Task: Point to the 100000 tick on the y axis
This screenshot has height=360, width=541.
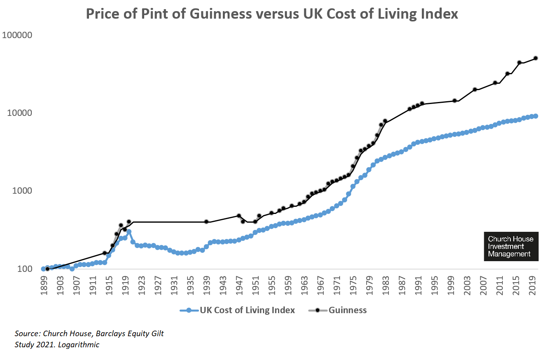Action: pos(17,35)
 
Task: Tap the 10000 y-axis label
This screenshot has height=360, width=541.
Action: pos(19,113)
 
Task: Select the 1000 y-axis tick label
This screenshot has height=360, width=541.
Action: pos(22,191)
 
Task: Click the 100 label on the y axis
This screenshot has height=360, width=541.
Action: pos(25,269)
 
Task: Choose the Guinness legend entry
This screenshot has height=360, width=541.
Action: pos(347,310)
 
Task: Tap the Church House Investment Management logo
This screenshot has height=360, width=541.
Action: pos(511,246)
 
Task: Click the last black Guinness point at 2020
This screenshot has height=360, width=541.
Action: pos(535,58)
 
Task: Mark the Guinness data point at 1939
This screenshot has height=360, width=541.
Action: pos(206,221)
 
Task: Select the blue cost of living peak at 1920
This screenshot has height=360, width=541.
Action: pos(129,232)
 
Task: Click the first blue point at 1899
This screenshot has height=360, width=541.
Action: pos(43,269)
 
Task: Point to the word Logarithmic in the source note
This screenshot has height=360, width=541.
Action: pos(79,345)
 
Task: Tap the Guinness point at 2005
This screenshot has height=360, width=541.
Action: pos(475,90)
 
